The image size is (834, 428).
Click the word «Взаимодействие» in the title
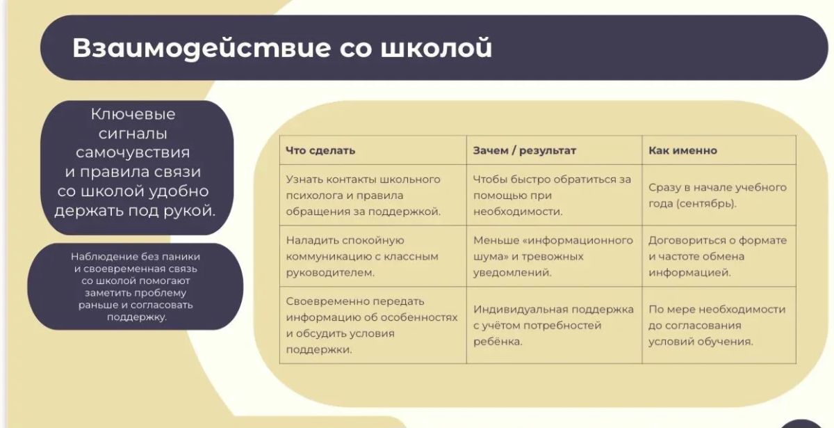pyautogui.click(x=202, y=48)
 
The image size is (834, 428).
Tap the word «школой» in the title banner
pyautogui.click(x=436, y=48)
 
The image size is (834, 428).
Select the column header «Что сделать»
pyautogui.click(x=320, y=150)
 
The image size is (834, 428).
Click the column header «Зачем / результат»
pyautogui.click(x=524, y=150)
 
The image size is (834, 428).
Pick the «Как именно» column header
pyautogui.click(x=682, y=150)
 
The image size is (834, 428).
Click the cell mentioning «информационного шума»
pyautogui.click(x=553, y=256)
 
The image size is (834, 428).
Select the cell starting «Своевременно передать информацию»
pyautogui.click(x=372, y=325)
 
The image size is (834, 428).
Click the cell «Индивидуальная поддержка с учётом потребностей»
pyautogui.click(x=553, y=325)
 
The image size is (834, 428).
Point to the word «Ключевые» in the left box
pyautogui.click(x=133, y=114)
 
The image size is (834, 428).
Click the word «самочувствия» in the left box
pyautogui.click(x=133, y=152)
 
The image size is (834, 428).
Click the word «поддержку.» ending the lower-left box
pyautogui.click(x=137, y=317)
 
